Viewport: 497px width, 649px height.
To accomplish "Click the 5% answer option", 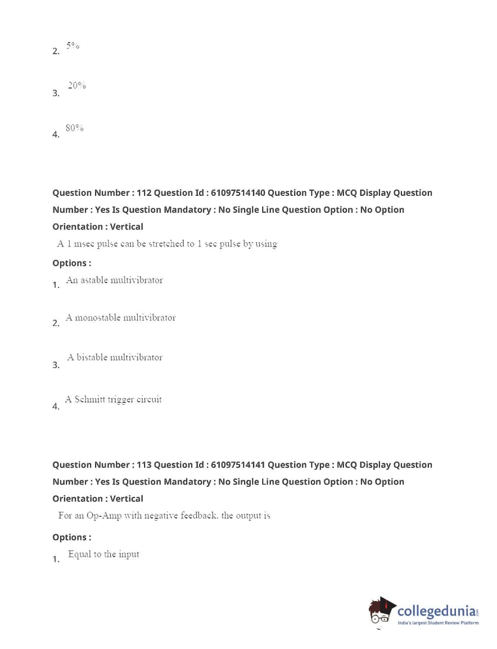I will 73,46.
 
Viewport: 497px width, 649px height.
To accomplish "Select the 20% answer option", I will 77,86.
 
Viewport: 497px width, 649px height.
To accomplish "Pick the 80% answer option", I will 75,128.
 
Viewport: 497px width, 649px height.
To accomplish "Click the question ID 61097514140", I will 238,193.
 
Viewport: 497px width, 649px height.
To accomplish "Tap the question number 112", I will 144,193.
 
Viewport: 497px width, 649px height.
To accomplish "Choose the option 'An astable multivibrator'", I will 115,280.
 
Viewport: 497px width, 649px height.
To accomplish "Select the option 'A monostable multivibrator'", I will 121,317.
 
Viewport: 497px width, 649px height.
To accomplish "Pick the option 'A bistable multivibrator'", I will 115,358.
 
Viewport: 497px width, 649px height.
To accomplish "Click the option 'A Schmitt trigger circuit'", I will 114,399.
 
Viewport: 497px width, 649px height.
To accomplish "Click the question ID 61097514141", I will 238,465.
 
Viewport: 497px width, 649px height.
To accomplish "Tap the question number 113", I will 144,465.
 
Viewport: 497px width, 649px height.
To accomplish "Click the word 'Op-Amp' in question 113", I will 104,515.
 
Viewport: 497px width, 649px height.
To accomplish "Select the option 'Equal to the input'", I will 104,554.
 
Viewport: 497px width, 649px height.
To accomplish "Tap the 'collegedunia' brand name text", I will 436,611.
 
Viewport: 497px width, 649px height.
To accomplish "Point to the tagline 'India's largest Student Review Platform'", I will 438,623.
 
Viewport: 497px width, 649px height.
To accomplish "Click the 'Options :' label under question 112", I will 72,263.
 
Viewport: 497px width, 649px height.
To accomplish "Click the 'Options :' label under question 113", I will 72,537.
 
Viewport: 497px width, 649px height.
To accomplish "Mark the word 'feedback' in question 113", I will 199,515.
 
